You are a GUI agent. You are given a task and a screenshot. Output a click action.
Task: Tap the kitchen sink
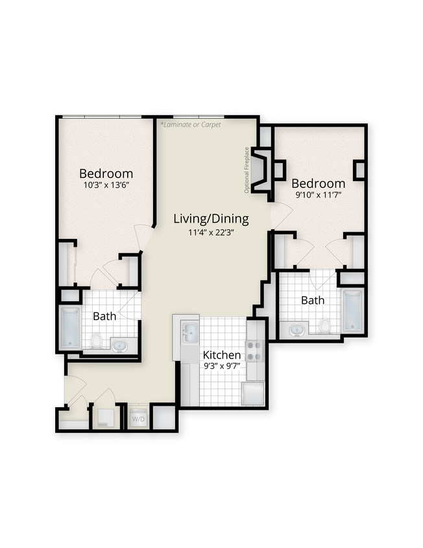tap(189, 333)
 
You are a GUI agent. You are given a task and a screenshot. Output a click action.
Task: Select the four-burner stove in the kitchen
tap(255, 351)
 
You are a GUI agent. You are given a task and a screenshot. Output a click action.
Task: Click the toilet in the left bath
tap(97, 340)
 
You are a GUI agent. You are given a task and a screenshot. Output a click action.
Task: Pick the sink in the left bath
tap(120, 345)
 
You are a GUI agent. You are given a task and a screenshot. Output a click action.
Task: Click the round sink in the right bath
tap(296, 329)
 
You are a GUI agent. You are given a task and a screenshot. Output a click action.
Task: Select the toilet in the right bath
tap(324, 325)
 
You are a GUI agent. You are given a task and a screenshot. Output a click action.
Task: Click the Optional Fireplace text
tap(247, 170)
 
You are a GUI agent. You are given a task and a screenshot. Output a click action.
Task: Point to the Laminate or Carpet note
tap(191, 124)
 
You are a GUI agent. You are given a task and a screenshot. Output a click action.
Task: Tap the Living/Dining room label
tap(211, 219)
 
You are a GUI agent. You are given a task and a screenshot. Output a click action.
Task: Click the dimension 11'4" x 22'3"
tap(211, 232)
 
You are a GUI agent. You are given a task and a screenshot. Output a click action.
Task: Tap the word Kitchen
tap(222, 355)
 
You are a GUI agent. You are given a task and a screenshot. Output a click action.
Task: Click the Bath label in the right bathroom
tap(313, 301)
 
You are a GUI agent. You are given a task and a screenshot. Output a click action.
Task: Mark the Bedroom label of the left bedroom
tap(106, 173)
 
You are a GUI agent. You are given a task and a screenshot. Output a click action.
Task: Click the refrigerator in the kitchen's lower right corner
tap(253, 393)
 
